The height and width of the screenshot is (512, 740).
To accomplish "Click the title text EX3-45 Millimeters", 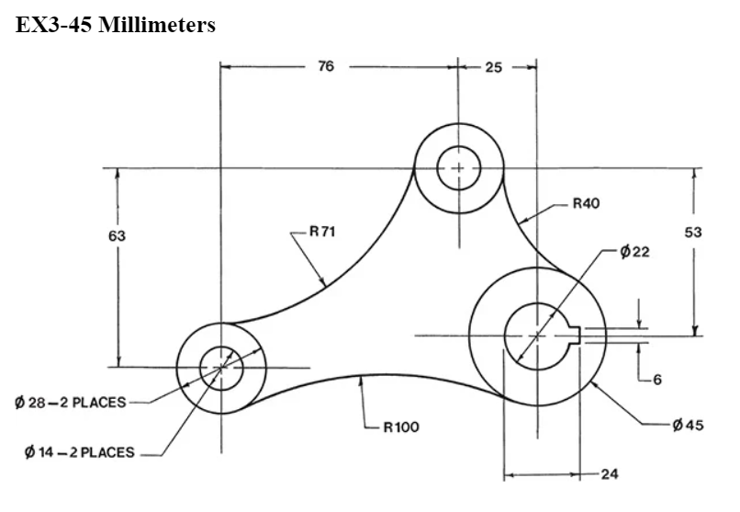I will point(116,25).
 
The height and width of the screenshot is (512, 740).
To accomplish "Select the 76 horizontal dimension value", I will point(326,67).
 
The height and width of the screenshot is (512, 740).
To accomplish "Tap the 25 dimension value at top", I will point(493,67).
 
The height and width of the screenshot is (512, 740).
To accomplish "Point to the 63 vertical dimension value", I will point(117,236).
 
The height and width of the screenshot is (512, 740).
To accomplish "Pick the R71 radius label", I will point(322,233).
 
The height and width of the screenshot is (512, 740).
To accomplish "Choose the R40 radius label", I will point(586,204).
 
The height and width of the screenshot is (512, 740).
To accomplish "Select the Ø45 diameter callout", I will point(688,426).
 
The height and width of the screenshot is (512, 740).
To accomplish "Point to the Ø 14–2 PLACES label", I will point(80,452).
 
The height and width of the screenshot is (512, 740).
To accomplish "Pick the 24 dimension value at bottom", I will point(610,474).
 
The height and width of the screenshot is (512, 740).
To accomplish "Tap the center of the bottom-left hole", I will point(220,368).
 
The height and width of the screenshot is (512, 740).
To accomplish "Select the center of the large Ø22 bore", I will point(536,336).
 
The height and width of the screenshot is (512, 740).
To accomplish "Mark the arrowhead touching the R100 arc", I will point(363,381).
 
